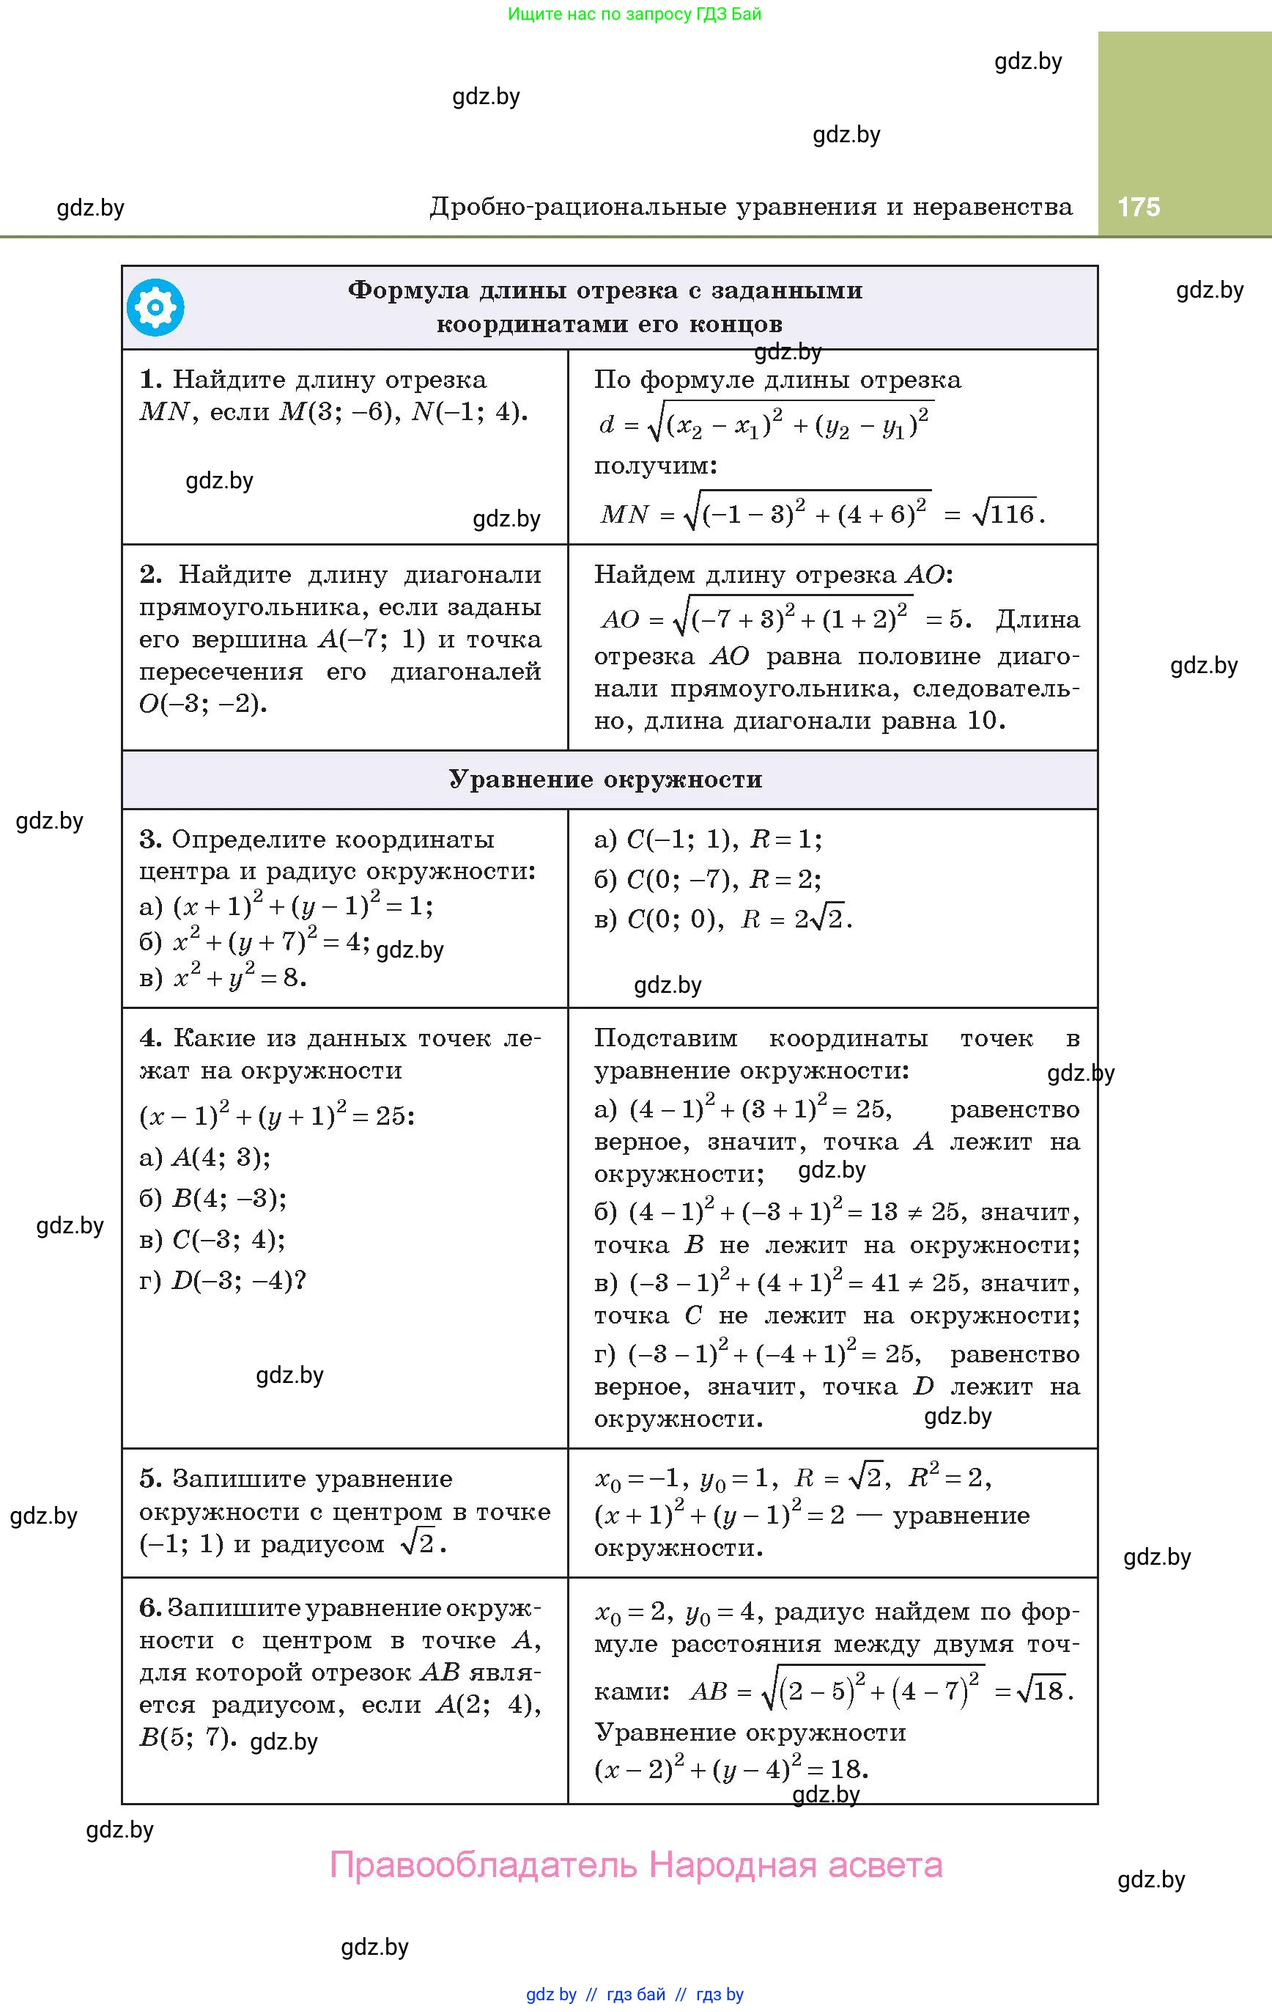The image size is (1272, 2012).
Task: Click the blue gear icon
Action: [x=155, y=307]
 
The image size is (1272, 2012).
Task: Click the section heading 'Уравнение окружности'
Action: [x=605, y=779]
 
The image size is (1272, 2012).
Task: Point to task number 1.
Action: [x=150, y=379]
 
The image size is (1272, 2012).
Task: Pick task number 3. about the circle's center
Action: [x=150, y=838]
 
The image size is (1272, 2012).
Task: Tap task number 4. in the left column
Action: [x=150, y=1038]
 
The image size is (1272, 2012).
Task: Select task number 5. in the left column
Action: [x=150, y=1478]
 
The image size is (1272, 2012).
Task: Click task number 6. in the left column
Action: [x=150, y=1607]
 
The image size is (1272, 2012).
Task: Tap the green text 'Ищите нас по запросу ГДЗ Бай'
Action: [x=635, y=13]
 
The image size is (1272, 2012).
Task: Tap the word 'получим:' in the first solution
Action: [x=656, y=466]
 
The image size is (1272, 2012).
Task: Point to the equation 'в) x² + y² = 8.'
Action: [x=223, y=977]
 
